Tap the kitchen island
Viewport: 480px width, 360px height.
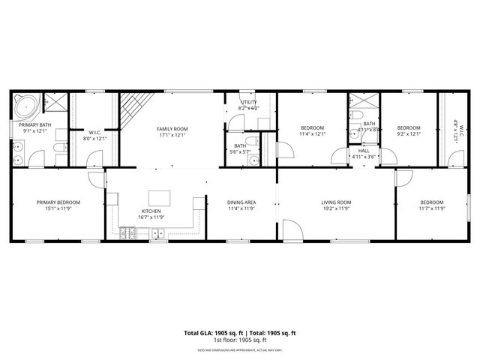159,198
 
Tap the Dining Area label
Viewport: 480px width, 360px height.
241,202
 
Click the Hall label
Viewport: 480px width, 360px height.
364,151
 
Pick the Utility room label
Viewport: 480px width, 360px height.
248,103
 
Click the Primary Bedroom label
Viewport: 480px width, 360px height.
58,202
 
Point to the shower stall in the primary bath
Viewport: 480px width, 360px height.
54,101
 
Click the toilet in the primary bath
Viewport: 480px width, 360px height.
58,157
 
